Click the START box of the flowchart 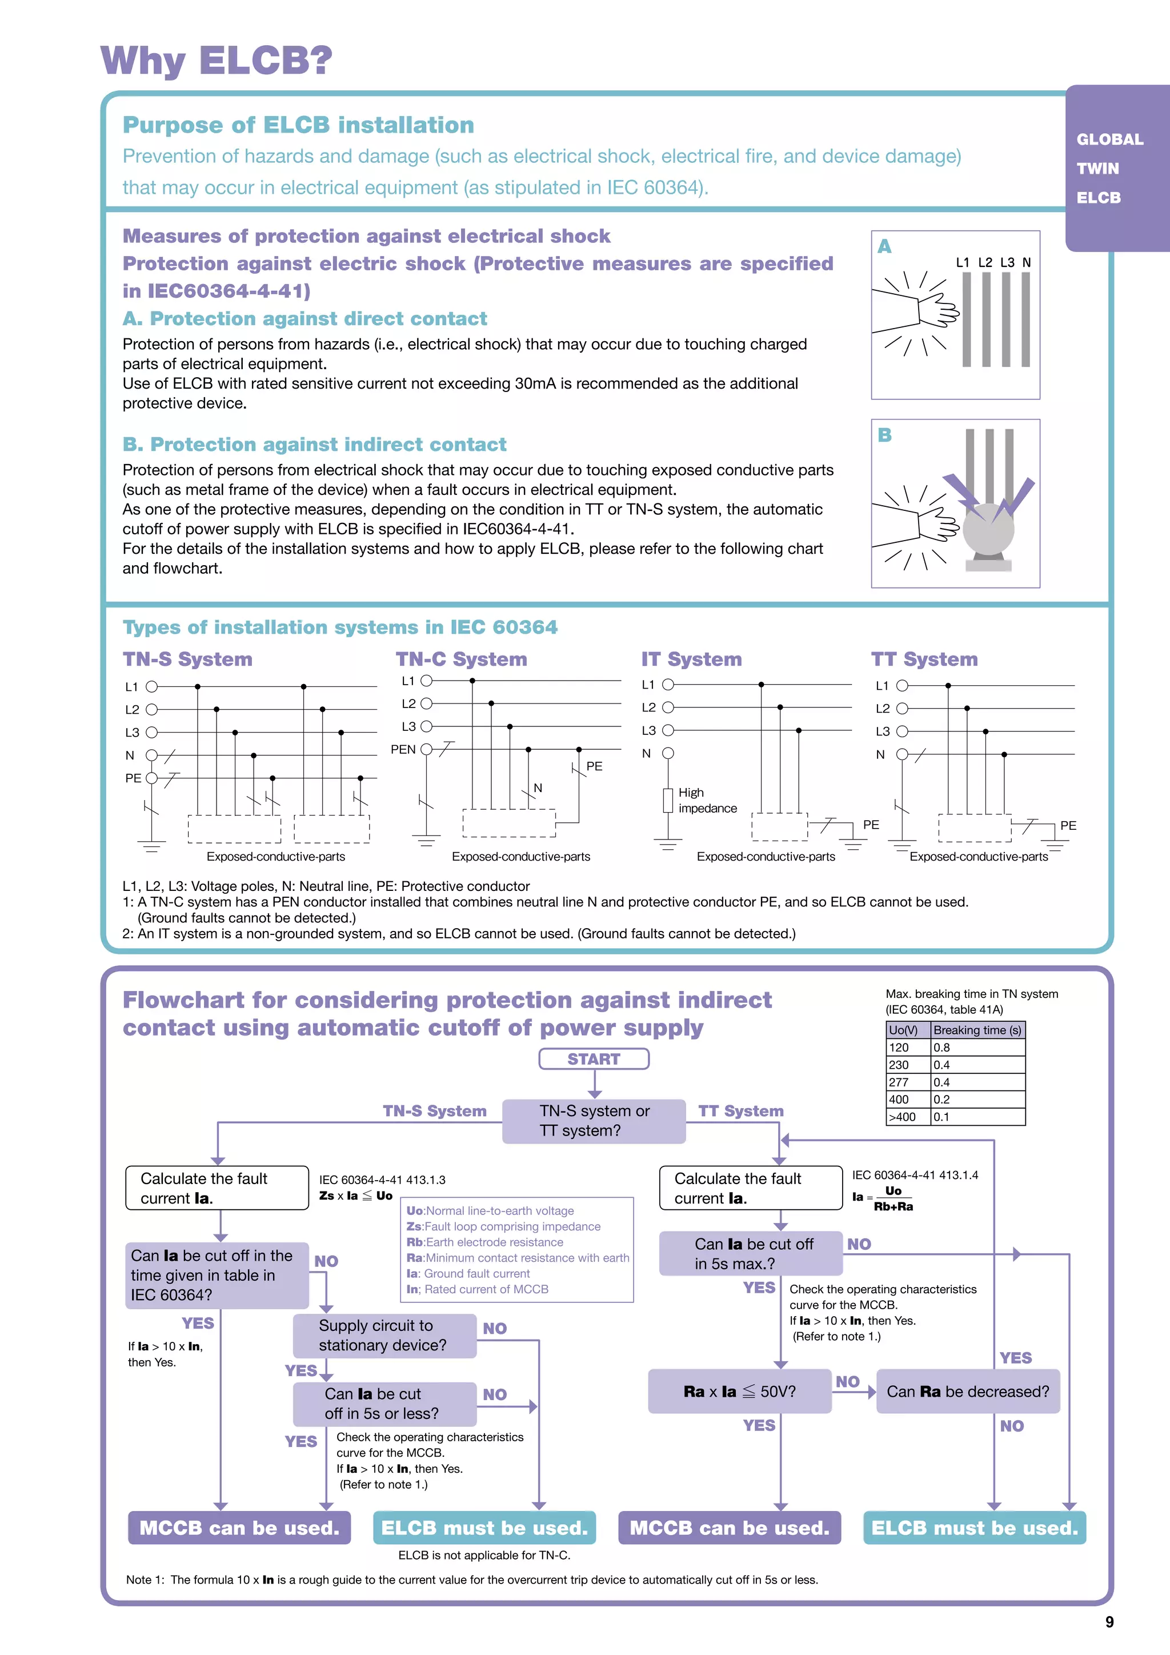click(x=594, y=1059)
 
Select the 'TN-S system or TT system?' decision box click(x=594, y=1121)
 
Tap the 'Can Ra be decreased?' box click(x=968, y=1391)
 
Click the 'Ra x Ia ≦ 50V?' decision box click(x=739, y=1391)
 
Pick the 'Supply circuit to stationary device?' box click(x=384, y=1335)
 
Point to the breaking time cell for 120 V click(x=977, y=1048)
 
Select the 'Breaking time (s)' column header click(x=977, y=1030)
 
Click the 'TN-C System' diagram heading click(x=461, y=659)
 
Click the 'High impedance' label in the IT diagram click(x=707, y=800)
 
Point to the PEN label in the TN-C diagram click(x=403, y=750)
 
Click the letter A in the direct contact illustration click(x=884, y=246)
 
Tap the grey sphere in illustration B click(x=988, y=529)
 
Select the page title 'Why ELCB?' click(x=216, y=60)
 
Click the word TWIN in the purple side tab click(x=1097, y=169)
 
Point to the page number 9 click(x=1109, y=1622)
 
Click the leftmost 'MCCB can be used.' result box click(x=239, y=1528)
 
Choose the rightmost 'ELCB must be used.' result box click(x=974, y=1528)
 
